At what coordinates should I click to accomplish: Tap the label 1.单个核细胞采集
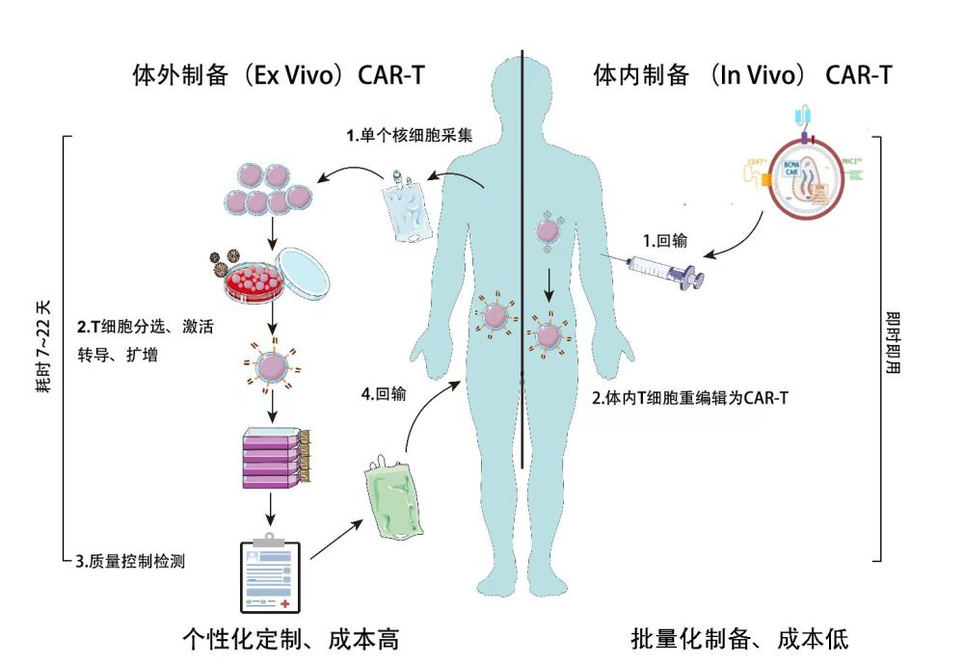point(410,136)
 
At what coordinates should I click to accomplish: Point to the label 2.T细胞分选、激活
point(145,327)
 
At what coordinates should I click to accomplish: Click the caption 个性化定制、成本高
point(290,638)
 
